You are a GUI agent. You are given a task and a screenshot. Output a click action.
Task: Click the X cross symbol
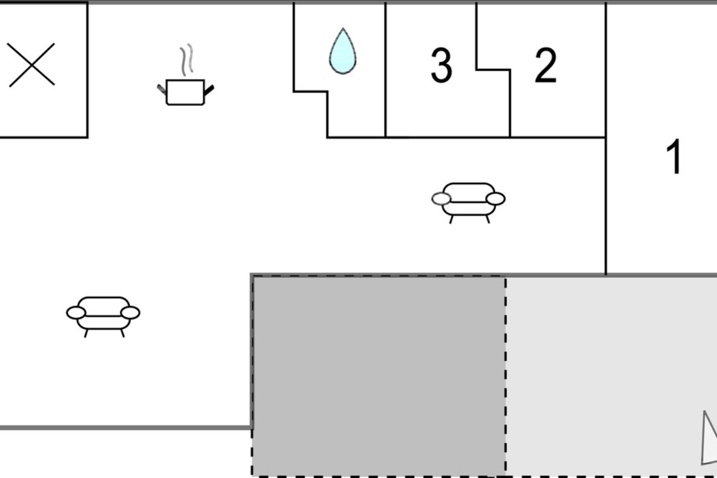(x=31, y=65)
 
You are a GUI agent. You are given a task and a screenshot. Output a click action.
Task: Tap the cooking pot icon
(x=185, y=92)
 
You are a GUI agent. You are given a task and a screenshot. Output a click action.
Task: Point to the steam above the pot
(x=187, y=59)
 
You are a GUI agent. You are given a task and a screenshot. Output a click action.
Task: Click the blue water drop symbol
(x=343, y=51)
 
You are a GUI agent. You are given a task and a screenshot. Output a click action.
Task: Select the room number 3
(x=442, y=65)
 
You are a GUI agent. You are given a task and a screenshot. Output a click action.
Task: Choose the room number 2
(x=546, y=65)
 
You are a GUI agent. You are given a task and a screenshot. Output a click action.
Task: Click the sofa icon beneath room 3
(x=468, y=203)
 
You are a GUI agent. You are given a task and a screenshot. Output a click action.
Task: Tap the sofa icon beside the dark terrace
(x=103, y=316)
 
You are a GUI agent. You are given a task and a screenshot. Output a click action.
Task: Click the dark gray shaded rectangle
(x=379, y=376)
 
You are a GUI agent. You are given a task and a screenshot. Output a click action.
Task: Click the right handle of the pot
(x=209, y=90)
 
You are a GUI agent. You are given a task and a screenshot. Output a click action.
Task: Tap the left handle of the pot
(x=162, y=89)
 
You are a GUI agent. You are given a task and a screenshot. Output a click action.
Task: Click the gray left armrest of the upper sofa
(x=441, y=199)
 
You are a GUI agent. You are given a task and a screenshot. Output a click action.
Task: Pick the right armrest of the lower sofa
(x=130, y=313)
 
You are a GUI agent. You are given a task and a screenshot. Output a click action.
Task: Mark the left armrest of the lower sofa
(x=76, y=313)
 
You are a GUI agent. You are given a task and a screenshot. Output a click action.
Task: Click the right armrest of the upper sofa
(x=495, y=199)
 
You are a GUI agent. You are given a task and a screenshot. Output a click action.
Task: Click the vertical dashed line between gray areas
(x=505, y=376)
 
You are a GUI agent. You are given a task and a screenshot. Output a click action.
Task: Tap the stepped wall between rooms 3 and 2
(x=493, y=69)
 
